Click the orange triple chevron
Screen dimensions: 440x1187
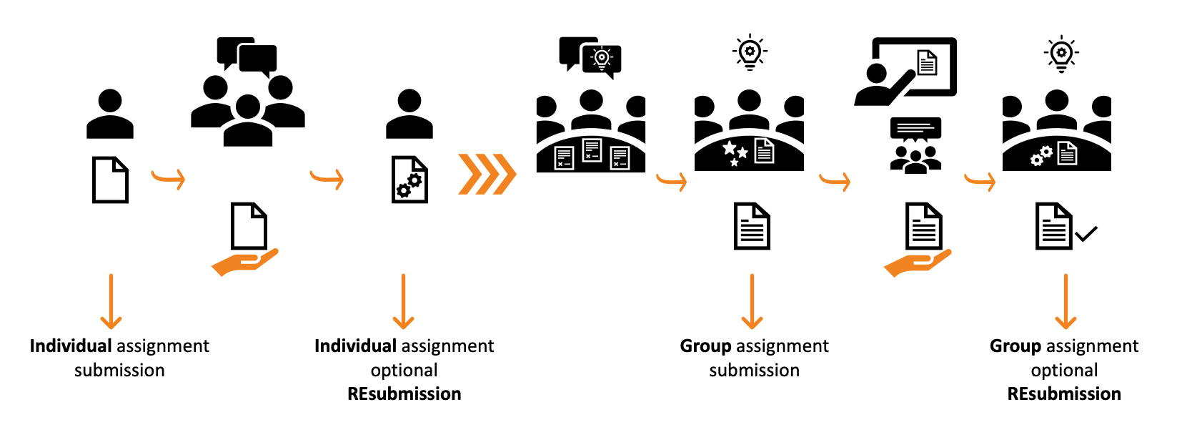pos(487,174)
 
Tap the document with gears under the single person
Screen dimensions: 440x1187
pos(409,180)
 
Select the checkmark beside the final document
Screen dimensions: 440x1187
pos(1086,234)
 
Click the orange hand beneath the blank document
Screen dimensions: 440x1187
pos(244,262)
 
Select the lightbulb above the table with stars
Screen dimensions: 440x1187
pos(749,52)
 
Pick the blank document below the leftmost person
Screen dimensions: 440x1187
pos(110,180)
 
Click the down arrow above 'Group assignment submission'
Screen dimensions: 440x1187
pos(752,301)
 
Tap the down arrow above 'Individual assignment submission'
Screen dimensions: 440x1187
pos(111,301)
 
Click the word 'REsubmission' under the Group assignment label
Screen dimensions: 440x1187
pos(1063,394)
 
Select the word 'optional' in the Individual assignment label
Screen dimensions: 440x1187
pos(404,371)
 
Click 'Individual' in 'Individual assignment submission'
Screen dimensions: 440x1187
pos(70,346)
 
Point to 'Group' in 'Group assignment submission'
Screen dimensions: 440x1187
pos(705,346)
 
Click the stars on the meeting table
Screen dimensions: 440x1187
pos(735,152)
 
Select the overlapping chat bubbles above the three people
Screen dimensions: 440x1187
pos(247,56)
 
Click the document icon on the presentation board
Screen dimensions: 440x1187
pos(927,63)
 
